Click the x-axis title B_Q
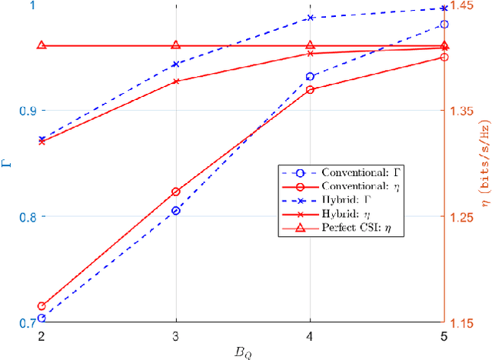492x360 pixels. point(243,352)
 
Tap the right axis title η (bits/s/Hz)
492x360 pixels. point(484,164)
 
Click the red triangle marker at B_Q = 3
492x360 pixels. point(176,46)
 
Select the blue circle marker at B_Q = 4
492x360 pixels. point(310,77)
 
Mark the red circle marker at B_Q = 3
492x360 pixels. point(176,192)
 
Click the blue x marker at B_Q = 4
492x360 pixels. point(310,17)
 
